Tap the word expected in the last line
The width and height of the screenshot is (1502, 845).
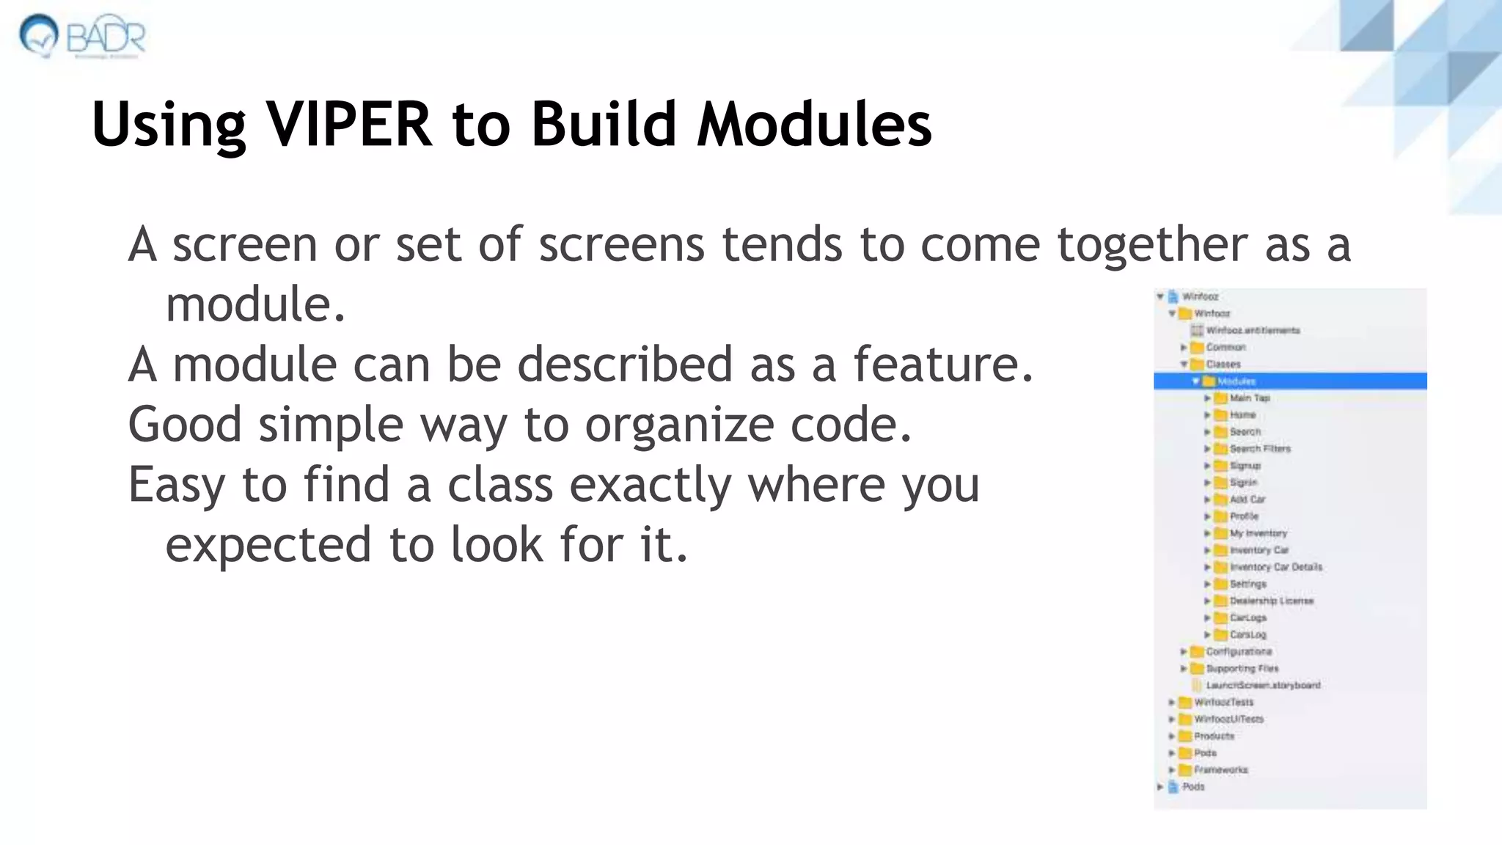tap(268, 545)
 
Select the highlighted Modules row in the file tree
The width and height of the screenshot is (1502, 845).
tap(1237, 381)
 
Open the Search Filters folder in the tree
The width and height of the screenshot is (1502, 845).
tap(1259, 449)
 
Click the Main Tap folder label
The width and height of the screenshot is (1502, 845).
tap(1249, 398)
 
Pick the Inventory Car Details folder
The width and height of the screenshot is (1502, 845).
tap(1275, 567)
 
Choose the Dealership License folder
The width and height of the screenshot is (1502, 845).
tap(1271, 601)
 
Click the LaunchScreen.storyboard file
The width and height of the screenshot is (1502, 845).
tap(1263, 685)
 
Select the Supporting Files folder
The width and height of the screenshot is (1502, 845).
tap(1242, 668)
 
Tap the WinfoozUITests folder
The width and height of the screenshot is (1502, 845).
tap(1228, 719)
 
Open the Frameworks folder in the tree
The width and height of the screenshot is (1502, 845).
tap(1220, 769)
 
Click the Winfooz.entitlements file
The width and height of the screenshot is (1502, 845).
tap(1253, 331)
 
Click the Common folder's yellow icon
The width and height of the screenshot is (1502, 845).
tap(1197, 348)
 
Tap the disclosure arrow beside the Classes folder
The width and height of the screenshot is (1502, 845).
tap(1184, 365)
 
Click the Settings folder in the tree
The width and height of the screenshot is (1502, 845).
tap(1248, 584)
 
